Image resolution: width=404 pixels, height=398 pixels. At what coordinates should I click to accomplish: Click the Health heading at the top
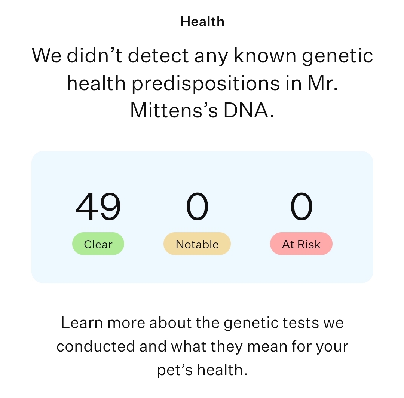pos(202,22)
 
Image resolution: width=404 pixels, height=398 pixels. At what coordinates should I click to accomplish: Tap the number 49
pos(98,206)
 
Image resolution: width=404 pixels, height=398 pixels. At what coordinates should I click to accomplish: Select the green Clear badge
pos(98,244)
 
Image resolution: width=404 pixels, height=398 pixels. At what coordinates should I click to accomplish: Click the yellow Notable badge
pos(197,244)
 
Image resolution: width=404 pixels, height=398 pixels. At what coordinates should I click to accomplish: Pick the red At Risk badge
pos(301,244)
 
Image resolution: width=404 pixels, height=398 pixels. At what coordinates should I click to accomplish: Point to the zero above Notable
pos(198,206)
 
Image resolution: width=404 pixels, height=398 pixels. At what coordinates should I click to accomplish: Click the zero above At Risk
pos(302,206)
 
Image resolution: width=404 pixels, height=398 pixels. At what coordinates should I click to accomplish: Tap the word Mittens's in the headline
pos(174,110)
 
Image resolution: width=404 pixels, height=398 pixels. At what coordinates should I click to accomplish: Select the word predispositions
pos(206,84)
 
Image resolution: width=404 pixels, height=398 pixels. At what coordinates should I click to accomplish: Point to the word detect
pos(158,55)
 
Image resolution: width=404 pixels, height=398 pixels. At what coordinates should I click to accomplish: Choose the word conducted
pos(96,346)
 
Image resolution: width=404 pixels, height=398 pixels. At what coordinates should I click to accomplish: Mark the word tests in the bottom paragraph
pos(301,323)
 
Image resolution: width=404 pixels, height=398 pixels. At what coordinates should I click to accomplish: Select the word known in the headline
pos(265,55)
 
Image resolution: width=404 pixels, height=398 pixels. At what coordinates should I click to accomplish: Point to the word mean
pos(267,347)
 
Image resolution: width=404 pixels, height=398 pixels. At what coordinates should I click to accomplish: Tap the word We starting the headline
pos(46,55)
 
